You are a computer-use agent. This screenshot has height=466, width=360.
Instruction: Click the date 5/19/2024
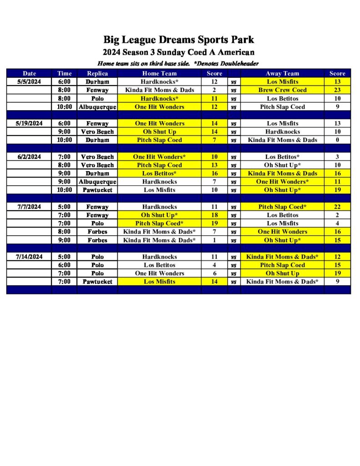[x=30, y=123]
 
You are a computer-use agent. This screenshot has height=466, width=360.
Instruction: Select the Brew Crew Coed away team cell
[x=282, y=90]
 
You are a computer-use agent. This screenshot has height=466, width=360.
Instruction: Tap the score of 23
[x=337, y=90]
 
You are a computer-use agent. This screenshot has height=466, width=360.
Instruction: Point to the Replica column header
[x=97, y=73]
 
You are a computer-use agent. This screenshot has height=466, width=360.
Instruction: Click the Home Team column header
[x=159, y=73]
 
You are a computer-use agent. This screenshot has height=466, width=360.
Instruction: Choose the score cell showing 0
[x=337, y=140]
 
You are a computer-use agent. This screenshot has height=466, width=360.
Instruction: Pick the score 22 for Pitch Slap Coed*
[x=337, y=207]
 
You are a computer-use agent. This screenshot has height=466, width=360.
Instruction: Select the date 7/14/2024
[x=30, y=257]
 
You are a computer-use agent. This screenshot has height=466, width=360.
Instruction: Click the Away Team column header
[x=282, y=73]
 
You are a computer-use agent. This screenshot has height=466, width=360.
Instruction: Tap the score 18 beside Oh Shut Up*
[x=214, y=215]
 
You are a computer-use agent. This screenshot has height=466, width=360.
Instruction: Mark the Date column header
[x=30, y=73]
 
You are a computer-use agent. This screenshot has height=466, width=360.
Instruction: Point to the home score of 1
[x=214, y=240]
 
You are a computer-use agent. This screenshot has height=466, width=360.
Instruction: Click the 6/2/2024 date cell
[x=30, y=157]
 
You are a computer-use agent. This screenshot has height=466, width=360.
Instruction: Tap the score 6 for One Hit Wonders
[x=214, y=274]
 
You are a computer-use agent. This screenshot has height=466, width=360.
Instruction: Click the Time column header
[x=65, y=73]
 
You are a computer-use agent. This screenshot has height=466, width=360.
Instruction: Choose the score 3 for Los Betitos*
[x=337, y=157]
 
